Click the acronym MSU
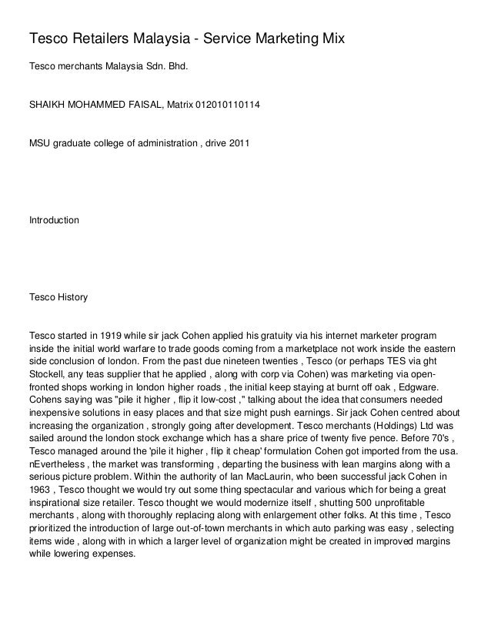[x=39, y=144]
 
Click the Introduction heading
[x=54, y=221]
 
